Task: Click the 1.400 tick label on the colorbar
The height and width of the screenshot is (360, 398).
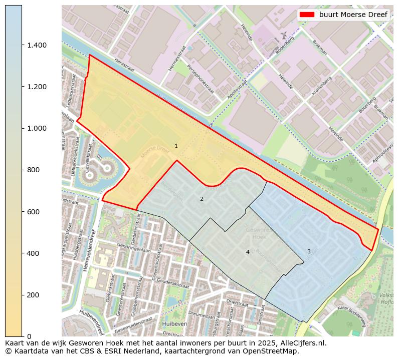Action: pos(37,45)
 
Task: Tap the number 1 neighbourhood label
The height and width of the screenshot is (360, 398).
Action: pos(176,146)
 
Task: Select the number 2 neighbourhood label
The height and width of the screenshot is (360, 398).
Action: pos(202,199)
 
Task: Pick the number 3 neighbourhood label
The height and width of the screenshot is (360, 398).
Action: pos(309,251)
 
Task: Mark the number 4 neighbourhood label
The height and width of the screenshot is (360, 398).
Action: pos(248,252)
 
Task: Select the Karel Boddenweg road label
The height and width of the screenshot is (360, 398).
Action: pos(353,314)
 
